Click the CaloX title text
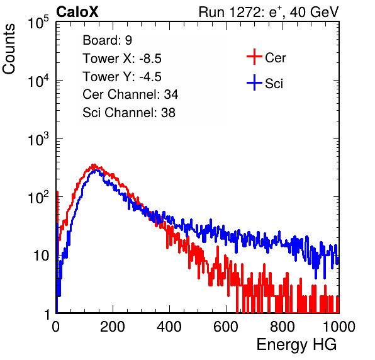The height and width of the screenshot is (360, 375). coord(77,12)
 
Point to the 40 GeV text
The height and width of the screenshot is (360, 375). coord(314,12)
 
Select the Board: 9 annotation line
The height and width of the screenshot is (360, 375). coord(107,40)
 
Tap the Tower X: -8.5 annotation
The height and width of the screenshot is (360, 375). coord(122,59)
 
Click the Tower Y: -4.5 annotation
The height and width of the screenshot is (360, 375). coord(122,77)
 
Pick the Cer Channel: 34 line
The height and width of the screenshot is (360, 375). coord(130,94)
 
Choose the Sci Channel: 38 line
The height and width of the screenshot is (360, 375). coord(129,113)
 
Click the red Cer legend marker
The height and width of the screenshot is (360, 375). coord(254,57)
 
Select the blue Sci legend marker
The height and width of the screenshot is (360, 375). coord(254,82)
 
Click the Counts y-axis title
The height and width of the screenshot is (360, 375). coord(9,49)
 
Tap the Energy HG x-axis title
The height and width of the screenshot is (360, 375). coord(296,345)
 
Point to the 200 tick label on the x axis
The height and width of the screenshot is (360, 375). coord(113,327)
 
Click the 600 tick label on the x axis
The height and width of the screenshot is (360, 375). coord(226,327)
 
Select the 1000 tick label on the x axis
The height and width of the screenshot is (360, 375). coord(339,327)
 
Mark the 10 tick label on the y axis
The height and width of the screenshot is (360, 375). coord(41,256)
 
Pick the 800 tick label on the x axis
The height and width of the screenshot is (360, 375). coord(283,327)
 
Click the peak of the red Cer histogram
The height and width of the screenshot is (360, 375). coord(94,165)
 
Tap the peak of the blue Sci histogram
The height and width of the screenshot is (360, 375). coord(96,171)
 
